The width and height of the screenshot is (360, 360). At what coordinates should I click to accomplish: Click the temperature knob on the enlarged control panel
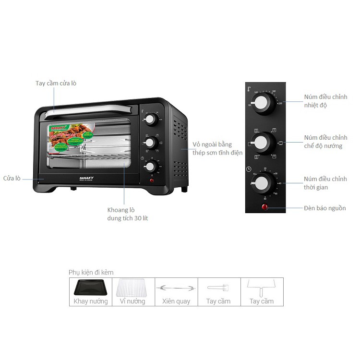[262, 102]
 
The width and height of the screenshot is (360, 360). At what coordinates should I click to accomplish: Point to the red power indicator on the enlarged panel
[264, 208]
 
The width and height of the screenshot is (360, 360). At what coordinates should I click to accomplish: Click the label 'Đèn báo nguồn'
[324, 208]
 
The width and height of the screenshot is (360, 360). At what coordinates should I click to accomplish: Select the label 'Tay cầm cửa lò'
[56, 83]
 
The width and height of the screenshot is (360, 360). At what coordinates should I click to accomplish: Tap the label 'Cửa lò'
[11, 178]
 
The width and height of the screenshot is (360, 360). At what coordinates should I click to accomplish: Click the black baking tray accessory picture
[91, 288]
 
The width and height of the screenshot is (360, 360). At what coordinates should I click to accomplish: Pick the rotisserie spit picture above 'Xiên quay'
[176, 288]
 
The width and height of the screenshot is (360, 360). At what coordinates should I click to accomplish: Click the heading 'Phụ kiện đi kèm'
[91, 272]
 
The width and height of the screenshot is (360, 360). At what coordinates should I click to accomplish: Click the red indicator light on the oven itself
[152, 181]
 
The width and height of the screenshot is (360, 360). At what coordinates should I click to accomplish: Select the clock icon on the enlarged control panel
[249, 169]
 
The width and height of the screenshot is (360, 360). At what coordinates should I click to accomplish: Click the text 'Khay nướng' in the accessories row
[91, 301]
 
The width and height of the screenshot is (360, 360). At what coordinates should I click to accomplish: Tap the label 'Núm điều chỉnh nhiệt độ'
[325, 101]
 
